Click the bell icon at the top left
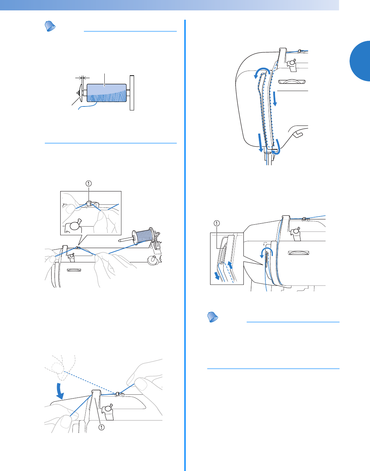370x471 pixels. tap(49, 26)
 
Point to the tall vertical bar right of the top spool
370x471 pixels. tap(132, 93)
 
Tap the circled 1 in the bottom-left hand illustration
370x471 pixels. tap(101, 427)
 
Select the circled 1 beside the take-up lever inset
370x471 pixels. tap(216, 223)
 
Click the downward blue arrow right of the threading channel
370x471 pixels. tap(275, 99)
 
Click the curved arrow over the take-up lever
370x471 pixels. tap(266, 253)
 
